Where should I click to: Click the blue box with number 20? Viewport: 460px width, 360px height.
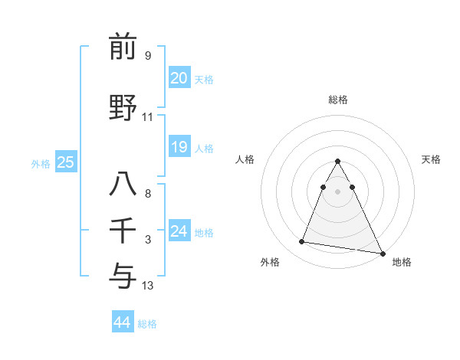[x=179, y=78]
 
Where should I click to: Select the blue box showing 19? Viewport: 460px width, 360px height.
[x=179, y=147]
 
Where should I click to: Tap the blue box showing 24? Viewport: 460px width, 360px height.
[x=179, y=231]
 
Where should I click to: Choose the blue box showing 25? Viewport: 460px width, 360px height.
[x=65, y=162]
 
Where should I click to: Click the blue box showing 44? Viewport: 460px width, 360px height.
[x=122, y=322]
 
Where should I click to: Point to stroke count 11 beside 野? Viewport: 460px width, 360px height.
[x=148, y=117]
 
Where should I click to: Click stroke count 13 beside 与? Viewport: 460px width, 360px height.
[x=148, y=286]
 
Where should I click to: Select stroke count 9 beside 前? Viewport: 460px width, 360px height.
[x=148, y=56]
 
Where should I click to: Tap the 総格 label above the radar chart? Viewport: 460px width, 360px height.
[x=338, y=100]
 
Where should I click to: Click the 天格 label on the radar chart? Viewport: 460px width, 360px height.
[x=431, y=159]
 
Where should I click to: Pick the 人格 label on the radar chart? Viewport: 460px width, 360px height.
[x=245, y=159]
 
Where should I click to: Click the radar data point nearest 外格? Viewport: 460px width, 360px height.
[x=301, y=242]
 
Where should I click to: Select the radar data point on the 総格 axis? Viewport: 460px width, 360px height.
[x=338, y=161]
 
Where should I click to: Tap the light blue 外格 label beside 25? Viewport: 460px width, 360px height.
[x=41, y=163]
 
